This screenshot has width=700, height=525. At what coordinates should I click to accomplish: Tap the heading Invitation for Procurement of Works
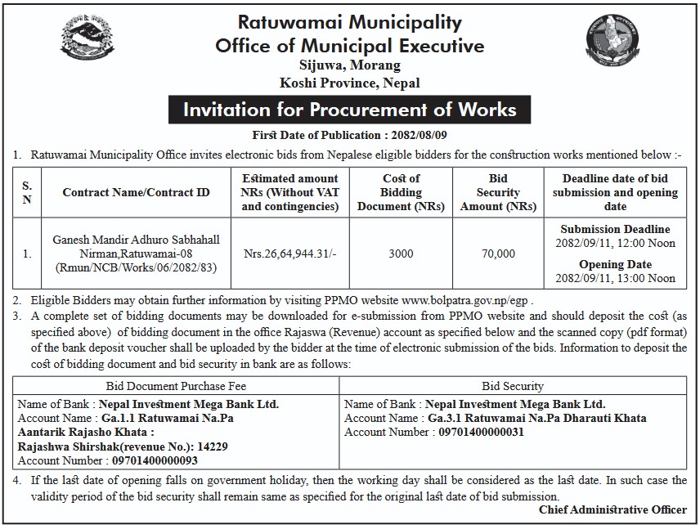[349, 110]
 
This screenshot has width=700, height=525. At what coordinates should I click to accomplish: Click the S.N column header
[27, 192]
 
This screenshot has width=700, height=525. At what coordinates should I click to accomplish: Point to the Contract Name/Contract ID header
[136, 192]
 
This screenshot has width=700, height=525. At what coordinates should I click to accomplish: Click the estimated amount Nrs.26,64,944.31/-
[289, 254]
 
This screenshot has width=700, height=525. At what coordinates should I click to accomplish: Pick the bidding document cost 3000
[401, 254]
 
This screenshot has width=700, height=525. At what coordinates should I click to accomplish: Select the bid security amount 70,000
[498, 254]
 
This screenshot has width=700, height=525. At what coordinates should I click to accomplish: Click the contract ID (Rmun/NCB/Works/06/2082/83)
[136, 267]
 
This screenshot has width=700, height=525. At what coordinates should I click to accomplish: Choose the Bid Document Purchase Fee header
[177, 386]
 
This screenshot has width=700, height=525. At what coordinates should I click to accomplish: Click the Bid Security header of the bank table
[513, 386]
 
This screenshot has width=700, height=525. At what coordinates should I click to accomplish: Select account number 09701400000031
[481, 432]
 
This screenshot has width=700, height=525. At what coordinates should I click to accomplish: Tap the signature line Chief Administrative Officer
[624, 509]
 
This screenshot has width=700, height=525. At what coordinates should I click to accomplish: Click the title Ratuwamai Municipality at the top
[349, 22]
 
